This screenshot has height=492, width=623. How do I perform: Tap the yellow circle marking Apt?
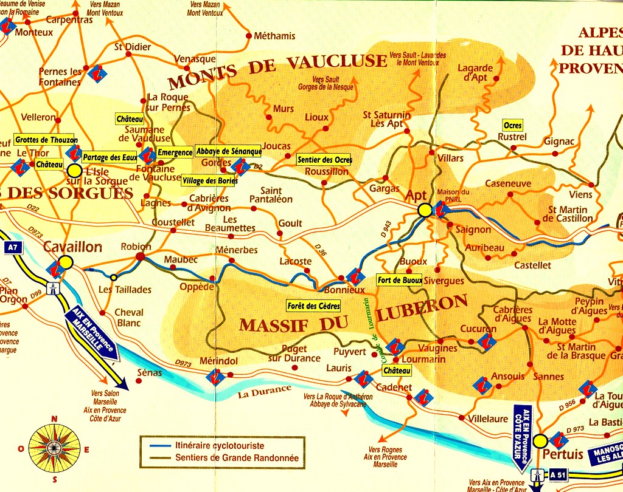[x=425, y=210]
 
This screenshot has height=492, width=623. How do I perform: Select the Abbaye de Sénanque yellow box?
[x=228, y=151]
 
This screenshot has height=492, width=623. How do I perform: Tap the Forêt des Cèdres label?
[x=314, y=306]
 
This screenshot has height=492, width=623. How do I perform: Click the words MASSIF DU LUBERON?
[x=353, y=316]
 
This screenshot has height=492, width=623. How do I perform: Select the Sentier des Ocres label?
[x=324, y=160]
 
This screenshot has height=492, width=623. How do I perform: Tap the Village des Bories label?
[x=210, y=180]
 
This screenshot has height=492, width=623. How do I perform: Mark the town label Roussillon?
[x=327, y=171]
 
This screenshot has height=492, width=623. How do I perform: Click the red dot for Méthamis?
[x=249, y=36]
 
